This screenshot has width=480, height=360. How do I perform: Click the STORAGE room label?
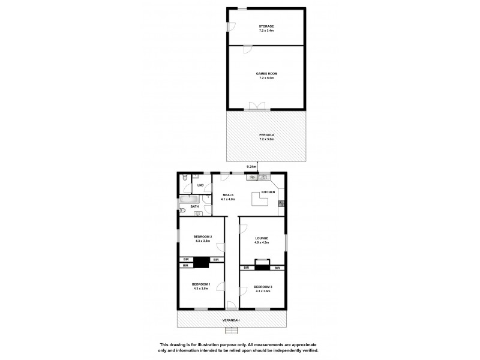pyautogui.click(x=266, y=26)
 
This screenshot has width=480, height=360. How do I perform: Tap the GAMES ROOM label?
pyautogui.click(x=266, y=73)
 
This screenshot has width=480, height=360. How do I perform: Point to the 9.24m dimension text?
pyautogui.click(x=251, y=166)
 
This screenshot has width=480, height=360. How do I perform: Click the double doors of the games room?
pyautogui.click(x=257, y=107)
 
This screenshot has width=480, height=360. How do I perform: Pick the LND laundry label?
pyautogui.click(x=200, y=185)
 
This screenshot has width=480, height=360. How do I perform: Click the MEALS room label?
pyautogui.click(x=227, y=195)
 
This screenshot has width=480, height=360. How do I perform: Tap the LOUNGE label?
pyautogui.click(x=261, y=238)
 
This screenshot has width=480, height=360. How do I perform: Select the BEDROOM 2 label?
pyautogui.click(x=202, y=237)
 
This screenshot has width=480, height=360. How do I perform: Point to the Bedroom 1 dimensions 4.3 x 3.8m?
pyautogui.click(x=201, y=289)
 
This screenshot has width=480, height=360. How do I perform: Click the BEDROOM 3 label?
pyautogui.click(x=263, y=287)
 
